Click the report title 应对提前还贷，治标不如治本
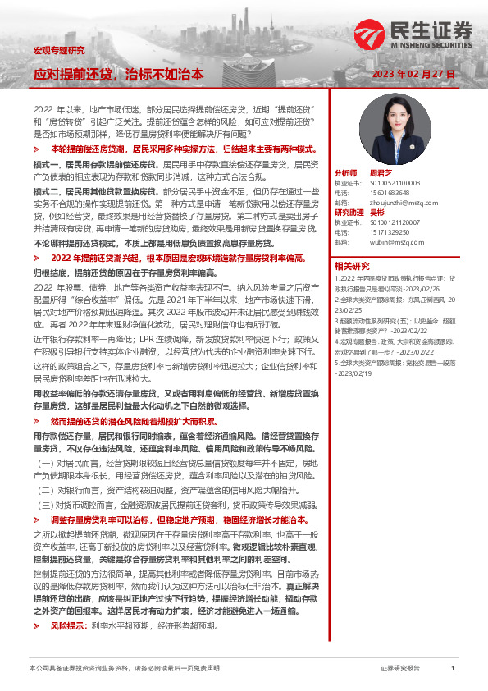[x=118, y=74]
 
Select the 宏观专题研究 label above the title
[x=59, y=51]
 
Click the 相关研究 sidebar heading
[x=353, y=266]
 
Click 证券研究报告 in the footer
[x=400, y=669]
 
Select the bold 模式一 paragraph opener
[x=46, y=164]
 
